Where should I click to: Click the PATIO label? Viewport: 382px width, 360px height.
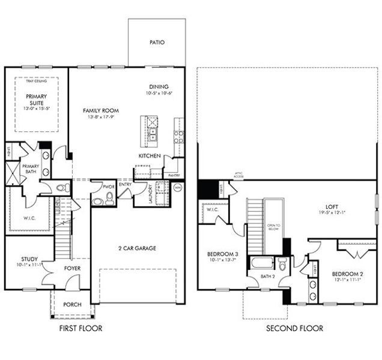click(157, 43)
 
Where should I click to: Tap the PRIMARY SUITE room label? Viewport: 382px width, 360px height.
click(37, 99)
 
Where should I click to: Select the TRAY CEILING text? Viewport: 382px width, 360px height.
click(37, 81)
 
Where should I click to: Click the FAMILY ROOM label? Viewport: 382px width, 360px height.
click(101, 111)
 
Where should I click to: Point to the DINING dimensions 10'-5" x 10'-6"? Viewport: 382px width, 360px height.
click(159, 94)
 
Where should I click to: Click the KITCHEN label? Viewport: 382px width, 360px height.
click(150, 156)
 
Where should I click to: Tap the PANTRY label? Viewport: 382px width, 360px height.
click(174, 175)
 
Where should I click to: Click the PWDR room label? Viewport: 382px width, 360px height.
click(108, 187)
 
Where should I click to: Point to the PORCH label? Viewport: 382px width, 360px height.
click(72, 305)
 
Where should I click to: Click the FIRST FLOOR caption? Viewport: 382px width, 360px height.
click(80, 328)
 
